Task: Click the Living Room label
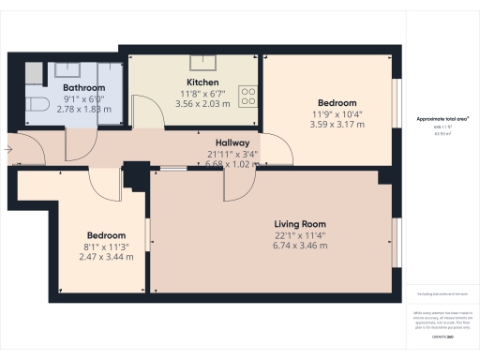pos(300,224)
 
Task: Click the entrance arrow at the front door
pos(8,147)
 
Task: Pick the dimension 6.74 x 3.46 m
pos(300,246)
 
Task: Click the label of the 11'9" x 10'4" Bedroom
pos(337,102)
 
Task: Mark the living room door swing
pos(234,185)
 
